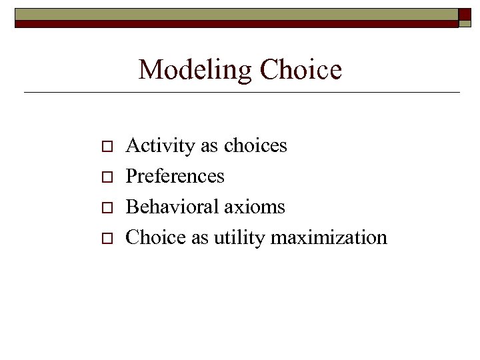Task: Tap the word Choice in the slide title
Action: click(301, 70)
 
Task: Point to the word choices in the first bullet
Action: click(255, 145)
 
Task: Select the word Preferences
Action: click(175, 176)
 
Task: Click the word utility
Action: click(236, 237)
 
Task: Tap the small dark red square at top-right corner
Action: click(465, 14)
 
